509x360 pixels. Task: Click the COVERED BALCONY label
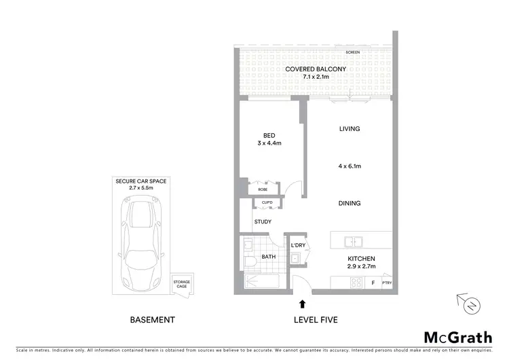click(x=316, y=69)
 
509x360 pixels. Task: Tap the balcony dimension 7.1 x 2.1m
click(x=316, y=77)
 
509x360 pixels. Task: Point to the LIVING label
click(x=350, y=128)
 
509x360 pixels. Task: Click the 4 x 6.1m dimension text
click(x=350, y=166)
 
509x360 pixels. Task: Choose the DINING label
click(x=350, y=203)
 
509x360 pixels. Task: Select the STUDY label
click(x=263, y=222)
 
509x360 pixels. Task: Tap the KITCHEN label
click(x=361, y=259)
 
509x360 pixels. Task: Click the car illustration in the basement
click(x=142, y=242)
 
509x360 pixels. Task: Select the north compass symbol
click(x=470, y=306)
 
